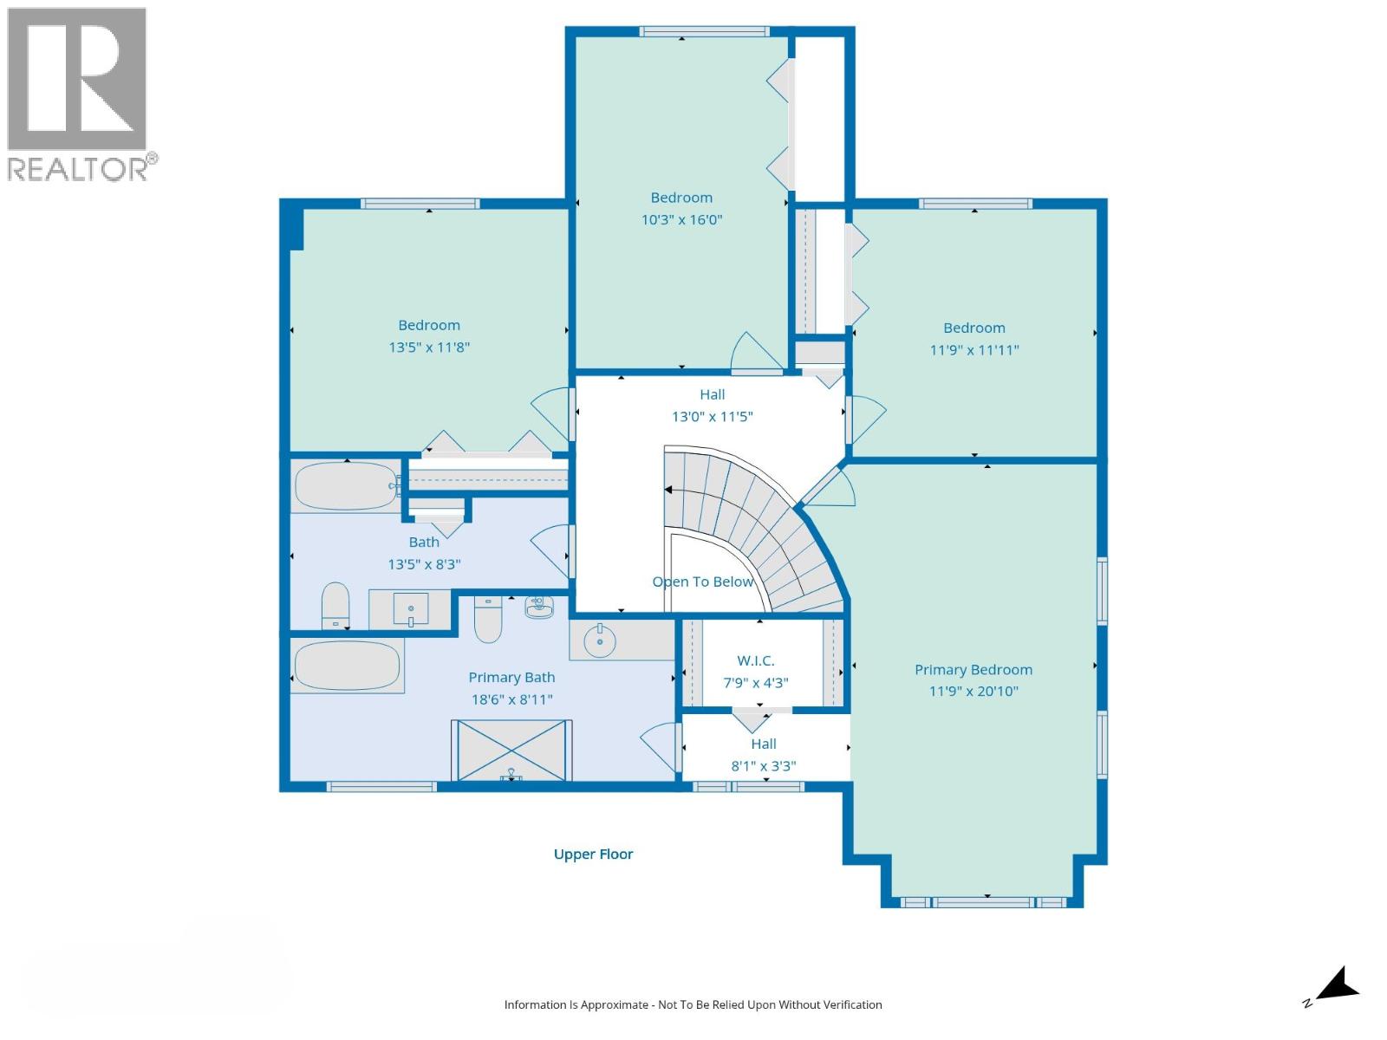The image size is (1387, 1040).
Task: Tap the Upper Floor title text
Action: pos(593,855)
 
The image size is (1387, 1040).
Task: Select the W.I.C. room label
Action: pos(755,660)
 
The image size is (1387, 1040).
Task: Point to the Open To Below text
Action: pos(703,582)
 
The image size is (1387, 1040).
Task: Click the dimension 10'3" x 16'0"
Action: pos(681,220)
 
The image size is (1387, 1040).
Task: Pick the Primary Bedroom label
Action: pos(974,669)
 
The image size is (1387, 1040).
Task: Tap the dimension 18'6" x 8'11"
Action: pos(511,699)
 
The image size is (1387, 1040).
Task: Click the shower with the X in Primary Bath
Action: pos(511,751)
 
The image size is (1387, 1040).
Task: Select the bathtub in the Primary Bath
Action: pos(347,666)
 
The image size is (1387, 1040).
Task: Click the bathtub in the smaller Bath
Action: pos(345,486)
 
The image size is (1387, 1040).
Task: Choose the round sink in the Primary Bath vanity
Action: pos(599,641)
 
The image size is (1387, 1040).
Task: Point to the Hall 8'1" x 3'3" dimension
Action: pos(764,767)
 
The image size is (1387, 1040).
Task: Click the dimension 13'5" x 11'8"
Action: pos(429,348)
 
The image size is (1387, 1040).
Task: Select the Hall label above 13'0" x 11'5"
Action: pos(713,394)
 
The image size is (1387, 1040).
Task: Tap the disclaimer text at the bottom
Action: pos(693,1004)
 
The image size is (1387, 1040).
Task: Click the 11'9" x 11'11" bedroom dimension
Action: pos(974,350)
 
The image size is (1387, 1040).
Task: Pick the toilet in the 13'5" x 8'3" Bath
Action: pos(335,605)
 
